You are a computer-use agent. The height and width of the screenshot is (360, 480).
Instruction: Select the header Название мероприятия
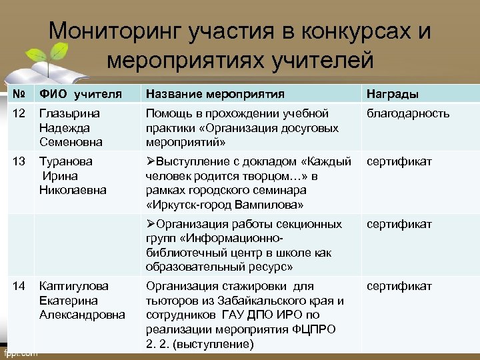[x=215, y=93]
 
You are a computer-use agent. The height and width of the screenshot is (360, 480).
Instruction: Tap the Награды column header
[x=392, y=93]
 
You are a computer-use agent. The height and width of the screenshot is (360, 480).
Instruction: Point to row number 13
[x=19, y=161]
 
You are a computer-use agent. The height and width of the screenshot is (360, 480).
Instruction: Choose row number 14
[x=19, y=286]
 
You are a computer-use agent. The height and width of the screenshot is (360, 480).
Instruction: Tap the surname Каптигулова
[x=73, y=286]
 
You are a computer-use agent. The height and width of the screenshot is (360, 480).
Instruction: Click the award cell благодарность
[x=407, y=113]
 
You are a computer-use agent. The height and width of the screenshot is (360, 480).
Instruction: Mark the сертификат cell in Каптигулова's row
[x=399, y=286]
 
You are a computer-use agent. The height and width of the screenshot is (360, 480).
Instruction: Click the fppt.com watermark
[x=20, y=353]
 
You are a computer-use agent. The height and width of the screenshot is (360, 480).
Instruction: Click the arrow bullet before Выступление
[x=151, y=161]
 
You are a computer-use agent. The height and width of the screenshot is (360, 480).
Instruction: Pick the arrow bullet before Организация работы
[x=151, y=224]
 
